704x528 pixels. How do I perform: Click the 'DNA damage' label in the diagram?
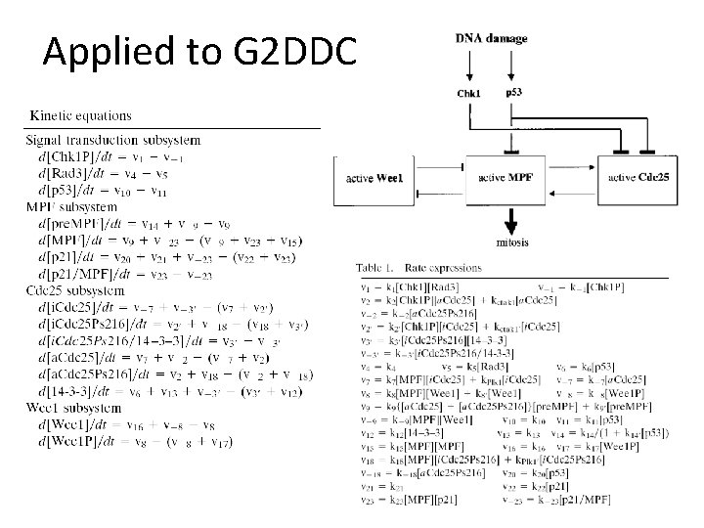tap(491, 39)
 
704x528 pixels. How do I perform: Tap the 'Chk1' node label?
tap(469, 94)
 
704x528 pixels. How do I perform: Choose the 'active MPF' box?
tap(506, 177)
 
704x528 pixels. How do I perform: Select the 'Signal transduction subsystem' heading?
tap(112, 140)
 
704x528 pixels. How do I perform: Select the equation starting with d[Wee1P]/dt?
tap(121, 442)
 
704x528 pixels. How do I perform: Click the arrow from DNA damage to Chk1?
tap(470, 66)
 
